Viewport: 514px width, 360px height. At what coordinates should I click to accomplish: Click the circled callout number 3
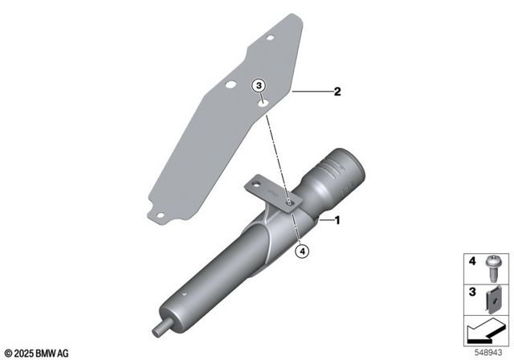[259, 85]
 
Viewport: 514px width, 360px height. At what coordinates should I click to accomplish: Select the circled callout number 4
[302, 251]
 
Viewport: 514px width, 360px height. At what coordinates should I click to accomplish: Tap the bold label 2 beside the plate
[338, 92]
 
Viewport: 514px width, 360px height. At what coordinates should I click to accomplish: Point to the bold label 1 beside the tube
[338, 219]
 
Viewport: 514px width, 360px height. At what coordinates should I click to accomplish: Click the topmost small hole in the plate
[272, 36]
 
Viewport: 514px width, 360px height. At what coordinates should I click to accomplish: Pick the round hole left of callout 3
[231, 84]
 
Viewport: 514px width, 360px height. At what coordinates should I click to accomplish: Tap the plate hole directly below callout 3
[261, 102]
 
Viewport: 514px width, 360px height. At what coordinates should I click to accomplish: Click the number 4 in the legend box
[471, 261]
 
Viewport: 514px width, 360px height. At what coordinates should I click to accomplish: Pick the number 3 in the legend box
[471, 292]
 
